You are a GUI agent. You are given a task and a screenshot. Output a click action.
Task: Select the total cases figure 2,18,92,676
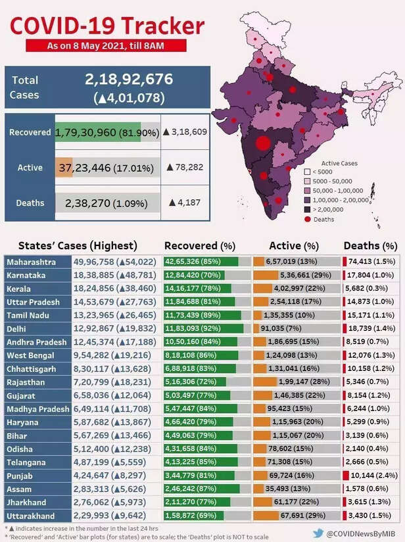129,80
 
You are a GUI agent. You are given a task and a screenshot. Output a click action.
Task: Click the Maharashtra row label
32,262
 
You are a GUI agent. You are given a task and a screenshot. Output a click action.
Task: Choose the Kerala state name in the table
19,289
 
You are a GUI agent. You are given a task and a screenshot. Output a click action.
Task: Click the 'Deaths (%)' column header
370,246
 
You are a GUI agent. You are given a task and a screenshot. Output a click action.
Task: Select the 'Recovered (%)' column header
201,246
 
